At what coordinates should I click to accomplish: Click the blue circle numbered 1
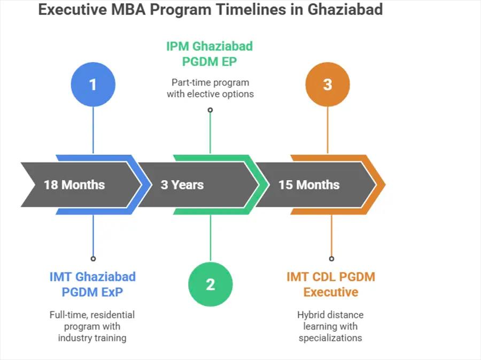93,85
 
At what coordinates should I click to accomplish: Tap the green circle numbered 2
211,285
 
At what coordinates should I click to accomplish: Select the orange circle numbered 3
328,85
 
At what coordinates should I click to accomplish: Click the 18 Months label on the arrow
74,185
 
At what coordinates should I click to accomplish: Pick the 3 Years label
182,185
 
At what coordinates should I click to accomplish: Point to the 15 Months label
309,185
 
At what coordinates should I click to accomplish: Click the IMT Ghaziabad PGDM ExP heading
92,285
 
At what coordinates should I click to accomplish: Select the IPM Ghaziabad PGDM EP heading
210,53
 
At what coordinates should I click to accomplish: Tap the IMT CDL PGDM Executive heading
331,285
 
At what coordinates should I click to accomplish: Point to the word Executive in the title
72,10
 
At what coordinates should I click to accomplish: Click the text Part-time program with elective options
210,88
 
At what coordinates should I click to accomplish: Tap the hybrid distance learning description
330,326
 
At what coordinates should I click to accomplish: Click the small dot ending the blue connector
93,258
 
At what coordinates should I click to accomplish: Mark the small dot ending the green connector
210,110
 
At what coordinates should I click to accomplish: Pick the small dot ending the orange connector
331,258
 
